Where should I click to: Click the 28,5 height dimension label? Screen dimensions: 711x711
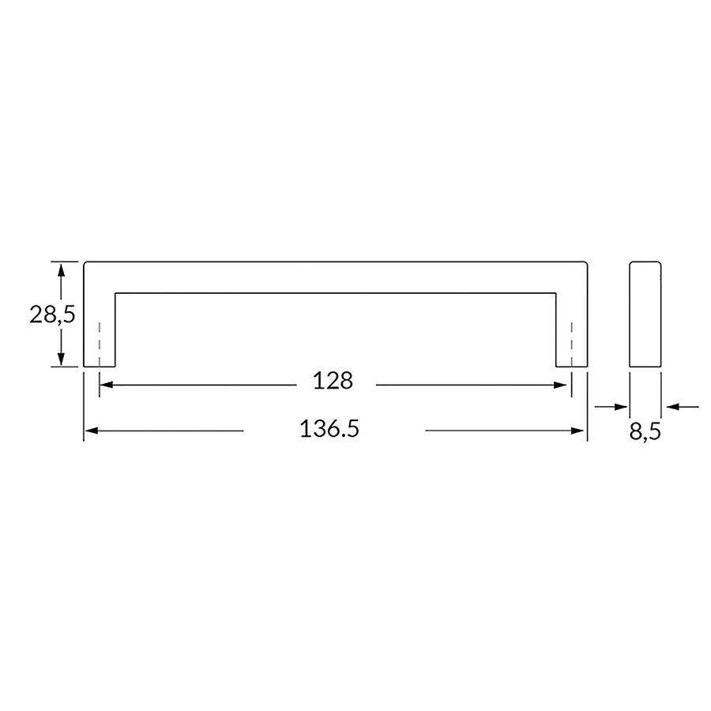pyautogui.click(x=52, y=314)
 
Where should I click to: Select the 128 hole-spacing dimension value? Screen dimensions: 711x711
pyautogui.click(x=333, y=381)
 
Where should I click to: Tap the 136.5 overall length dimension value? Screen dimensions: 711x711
pyautogui.click(x=329, y=428)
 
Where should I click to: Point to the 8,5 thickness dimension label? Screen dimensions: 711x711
pyautogui.click(x=645, y=431)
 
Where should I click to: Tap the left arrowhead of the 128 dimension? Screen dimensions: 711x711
pyautogui.click(x=106, y=385)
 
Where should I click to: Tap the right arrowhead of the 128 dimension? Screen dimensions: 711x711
pyautogui.click(x=560, y=385)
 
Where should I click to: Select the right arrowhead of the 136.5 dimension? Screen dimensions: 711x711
pyautogui.click(x=577, y=431)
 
